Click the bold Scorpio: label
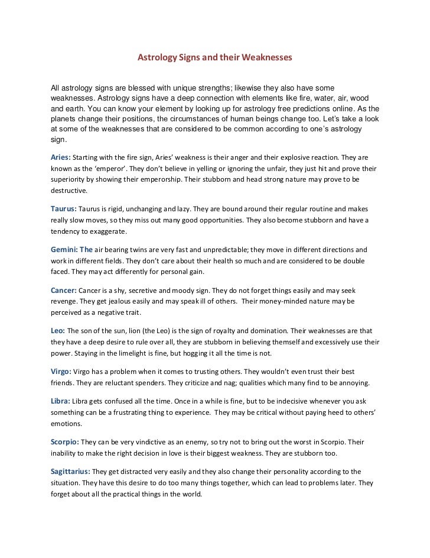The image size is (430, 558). click(x=63, y=442)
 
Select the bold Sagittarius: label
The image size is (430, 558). click(x=70, y=472)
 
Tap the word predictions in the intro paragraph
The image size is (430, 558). click(x=297, y=110)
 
